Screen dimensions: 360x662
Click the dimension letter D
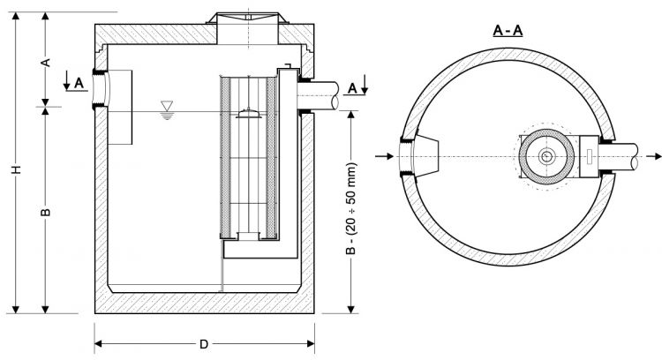204,343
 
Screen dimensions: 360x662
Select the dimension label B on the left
48,212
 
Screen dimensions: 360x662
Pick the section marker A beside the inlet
79,82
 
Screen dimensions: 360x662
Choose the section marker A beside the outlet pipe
352,87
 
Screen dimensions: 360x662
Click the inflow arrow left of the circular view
382,157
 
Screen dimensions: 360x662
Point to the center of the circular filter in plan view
547,157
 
